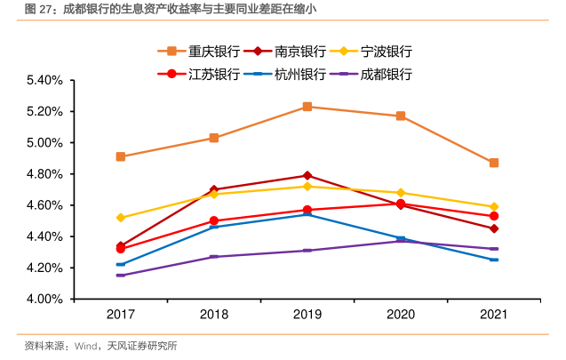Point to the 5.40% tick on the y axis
point(43,80)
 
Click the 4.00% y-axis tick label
point(43,300)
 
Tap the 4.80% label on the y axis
point(43,174)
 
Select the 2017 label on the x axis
point(120,316)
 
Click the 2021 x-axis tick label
point(494,316)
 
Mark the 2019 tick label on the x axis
point(307,316)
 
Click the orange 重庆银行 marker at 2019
point(307,107)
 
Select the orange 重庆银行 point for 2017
point(120,156)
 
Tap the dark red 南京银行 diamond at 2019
point(307,175)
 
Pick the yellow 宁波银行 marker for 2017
point(120,218)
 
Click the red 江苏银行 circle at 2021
point(494,216)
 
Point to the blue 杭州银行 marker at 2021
point(494,260)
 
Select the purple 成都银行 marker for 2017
point(120,276)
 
